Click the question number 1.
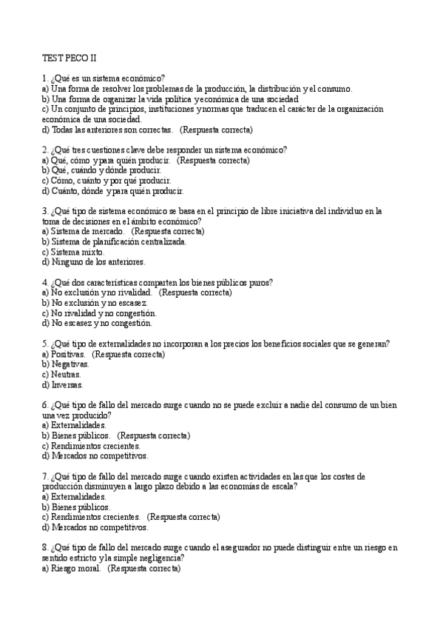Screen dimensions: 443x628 point(45,78)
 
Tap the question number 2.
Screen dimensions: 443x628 point(45,150)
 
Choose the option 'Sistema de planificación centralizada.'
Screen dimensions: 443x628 point(114,241)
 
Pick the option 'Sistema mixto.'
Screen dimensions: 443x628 point(73,252)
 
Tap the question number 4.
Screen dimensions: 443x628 point(45,282)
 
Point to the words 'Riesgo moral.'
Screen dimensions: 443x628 point(75,568)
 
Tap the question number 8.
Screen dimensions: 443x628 point(45,547)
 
